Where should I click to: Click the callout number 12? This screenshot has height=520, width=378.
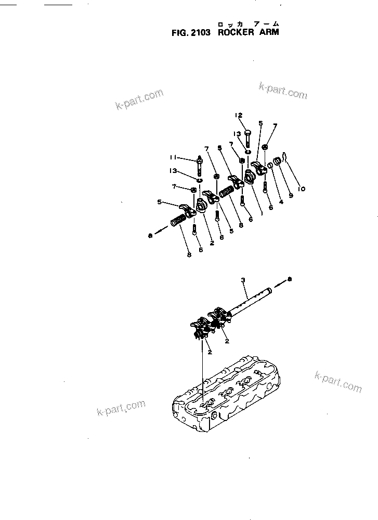[238, 115]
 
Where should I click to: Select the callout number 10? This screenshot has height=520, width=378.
[302, 188]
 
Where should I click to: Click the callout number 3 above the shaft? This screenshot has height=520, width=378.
[242, 281]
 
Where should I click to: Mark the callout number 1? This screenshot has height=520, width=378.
[262, 213]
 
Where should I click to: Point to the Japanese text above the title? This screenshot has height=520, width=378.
[249, 23]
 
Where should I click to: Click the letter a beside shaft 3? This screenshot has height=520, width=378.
[290, 279]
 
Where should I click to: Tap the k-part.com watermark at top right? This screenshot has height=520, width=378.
[283, 90]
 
